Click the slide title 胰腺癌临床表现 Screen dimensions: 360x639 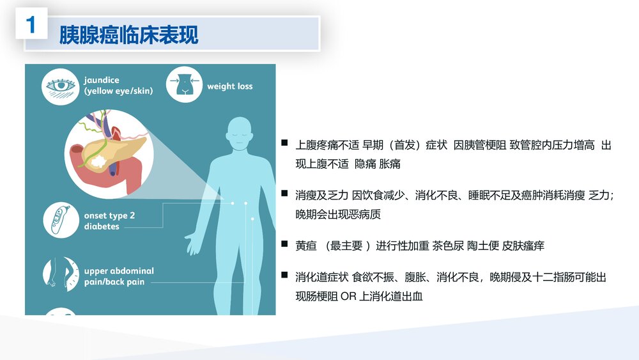128,35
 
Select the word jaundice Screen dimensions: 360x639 102,81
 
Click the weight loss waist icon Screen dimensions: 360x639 184,86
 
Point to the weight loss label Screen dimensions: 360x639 229,86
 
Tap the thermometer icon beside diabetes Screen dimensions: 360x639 61,221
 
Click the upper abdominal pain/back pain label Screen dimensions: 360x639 119,276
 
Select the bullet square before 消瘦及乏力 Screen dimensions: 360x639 284,192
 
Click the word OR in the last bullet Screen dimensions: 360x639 349,297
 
